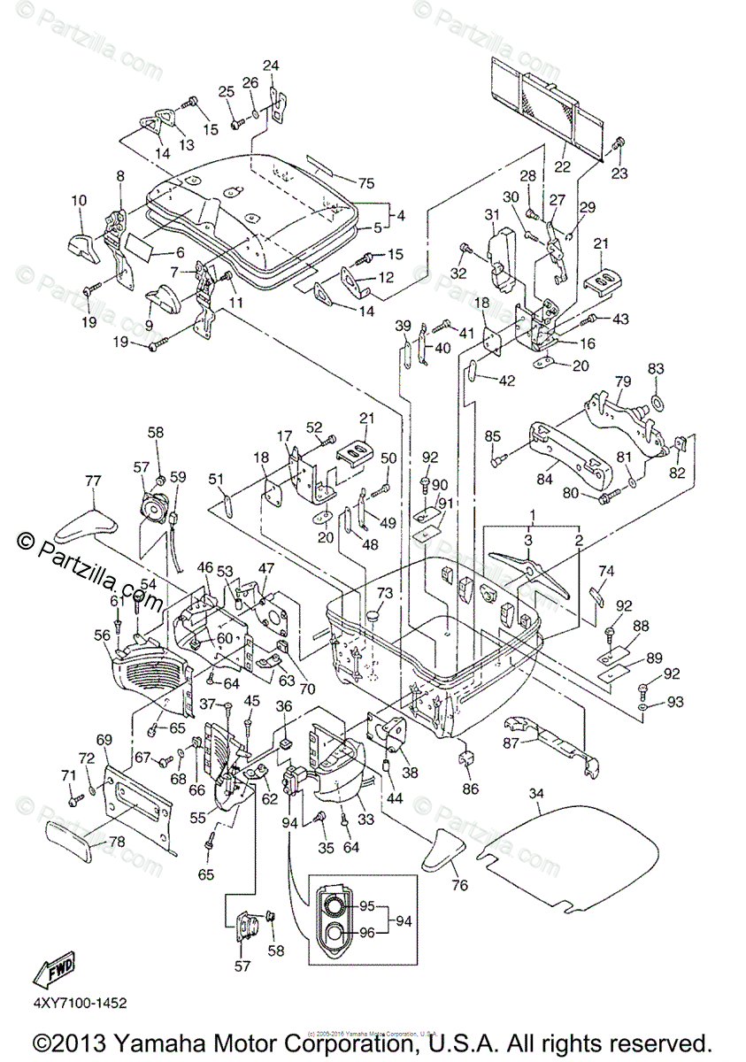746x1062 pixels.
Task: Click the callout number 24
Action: [x=270, y=65]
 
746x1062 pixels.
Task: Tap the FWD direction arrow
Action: [x=55, y=969]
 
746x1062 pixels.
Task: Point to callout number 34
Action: [x=535, y=793]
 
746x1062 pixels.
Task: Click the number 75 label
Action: [x=366, y=183]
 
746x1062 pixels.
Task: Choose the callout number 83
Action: [x=655, y=367]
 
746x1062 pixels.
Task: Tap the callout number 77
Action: [x=92, y=481]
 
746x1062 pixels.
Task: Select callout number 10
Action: [x=79, y=201]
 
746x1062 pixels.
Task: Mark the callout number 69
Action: [x=104, y=739]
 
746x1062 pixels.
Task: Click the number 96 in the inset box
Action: [x=365, y=932]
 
